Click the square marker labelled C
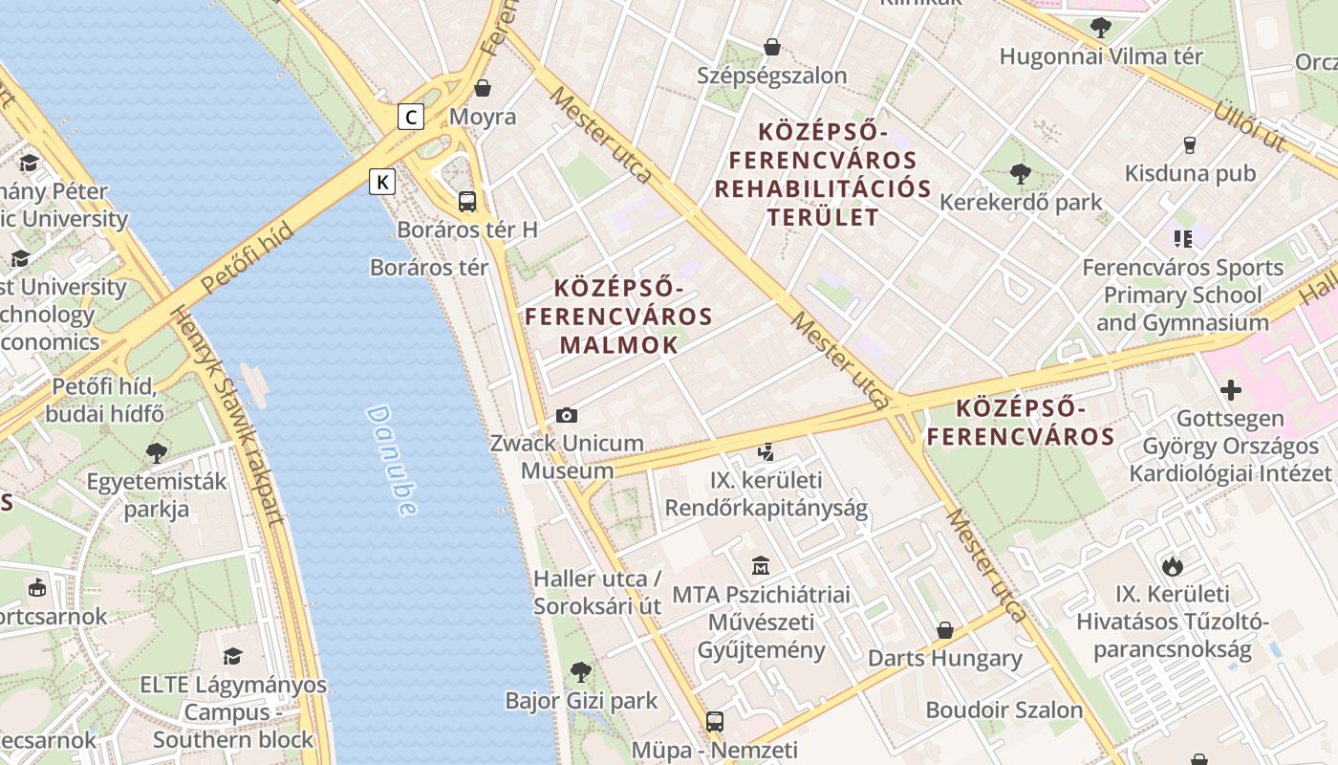(411, 117)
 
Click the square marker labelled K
(382, 182)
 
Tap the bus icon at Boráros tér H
(467, 202)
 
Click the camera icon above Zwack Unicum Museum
(567, 415)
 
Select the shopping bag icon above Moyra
(483, 88)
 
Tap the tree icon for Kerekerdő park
(1020, 174)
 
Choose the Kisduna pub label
(1190, 174)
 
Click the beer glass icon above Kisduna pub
(1190, 145)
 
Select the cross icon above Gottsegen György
(1231, 390)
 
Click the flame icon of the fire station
(1173, 565)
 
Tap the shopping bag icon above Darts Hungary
(945, 630)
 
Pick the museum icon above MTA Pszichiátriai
(761, 566)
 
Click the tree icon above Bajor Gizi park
(580, 671)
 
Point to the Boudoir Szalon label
(1003, 710)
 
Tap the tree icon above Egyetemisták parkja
(157, 452)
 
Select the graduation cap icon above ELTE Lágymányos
(232, 656)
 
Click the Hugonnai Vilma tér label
(1101, 56)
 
